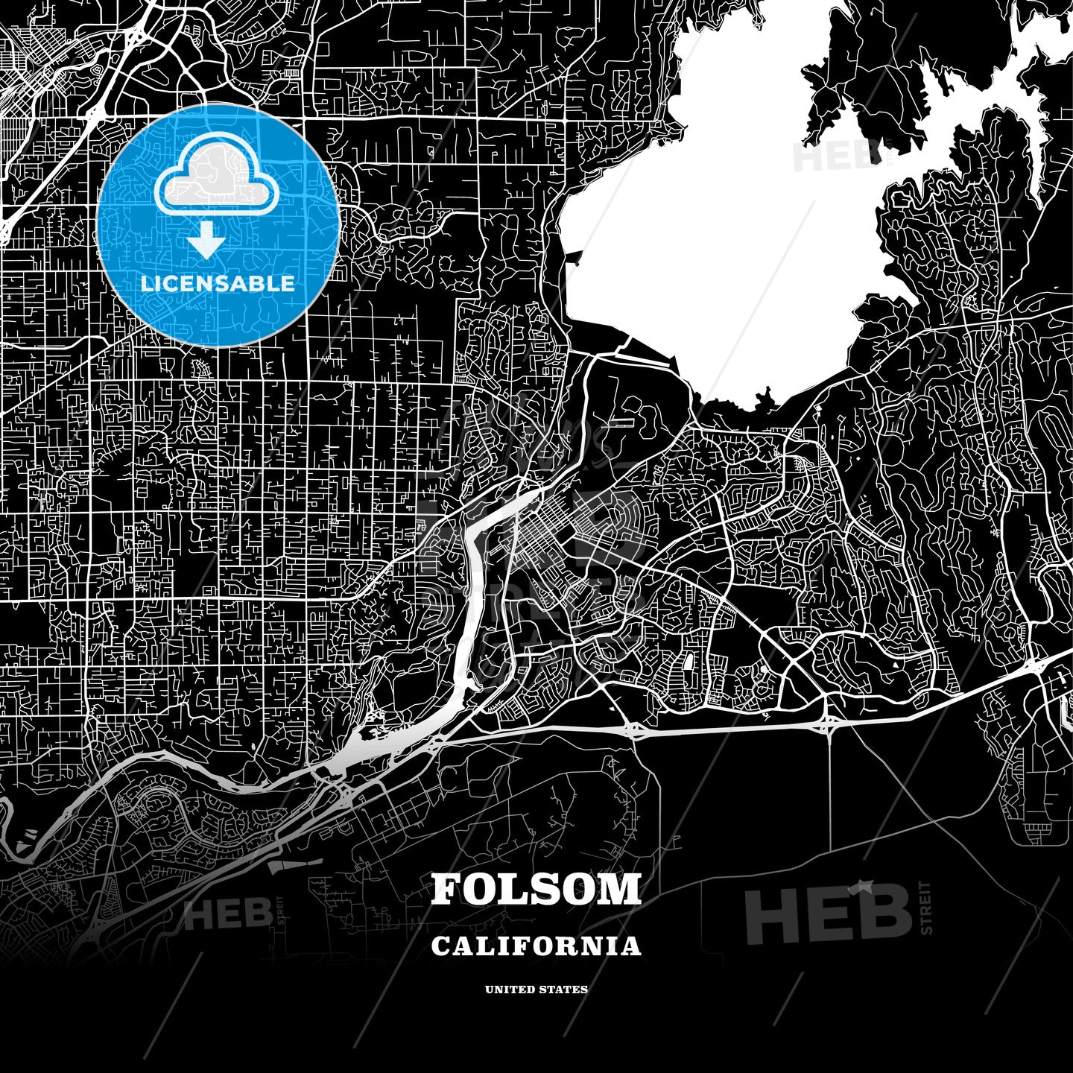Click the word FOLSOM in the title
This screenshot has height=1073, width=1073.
click(x=536, y=889)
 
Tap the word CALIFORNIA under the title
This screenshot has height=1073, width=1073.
click(x=536, y=946)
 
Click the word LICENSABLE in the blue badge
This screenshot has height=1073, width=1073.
click(x=218, y=284)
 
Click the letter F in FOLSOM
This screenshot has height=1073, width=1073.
click(x=446, y=889)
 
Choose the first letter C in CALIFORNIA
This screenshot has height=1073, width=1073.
click(x=440, y=946)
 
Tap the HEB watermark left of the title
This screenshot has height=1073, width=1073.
click(x=227, y=915)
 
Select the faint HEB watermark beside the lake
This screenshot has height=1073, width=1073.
click(x=827, y=155)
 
